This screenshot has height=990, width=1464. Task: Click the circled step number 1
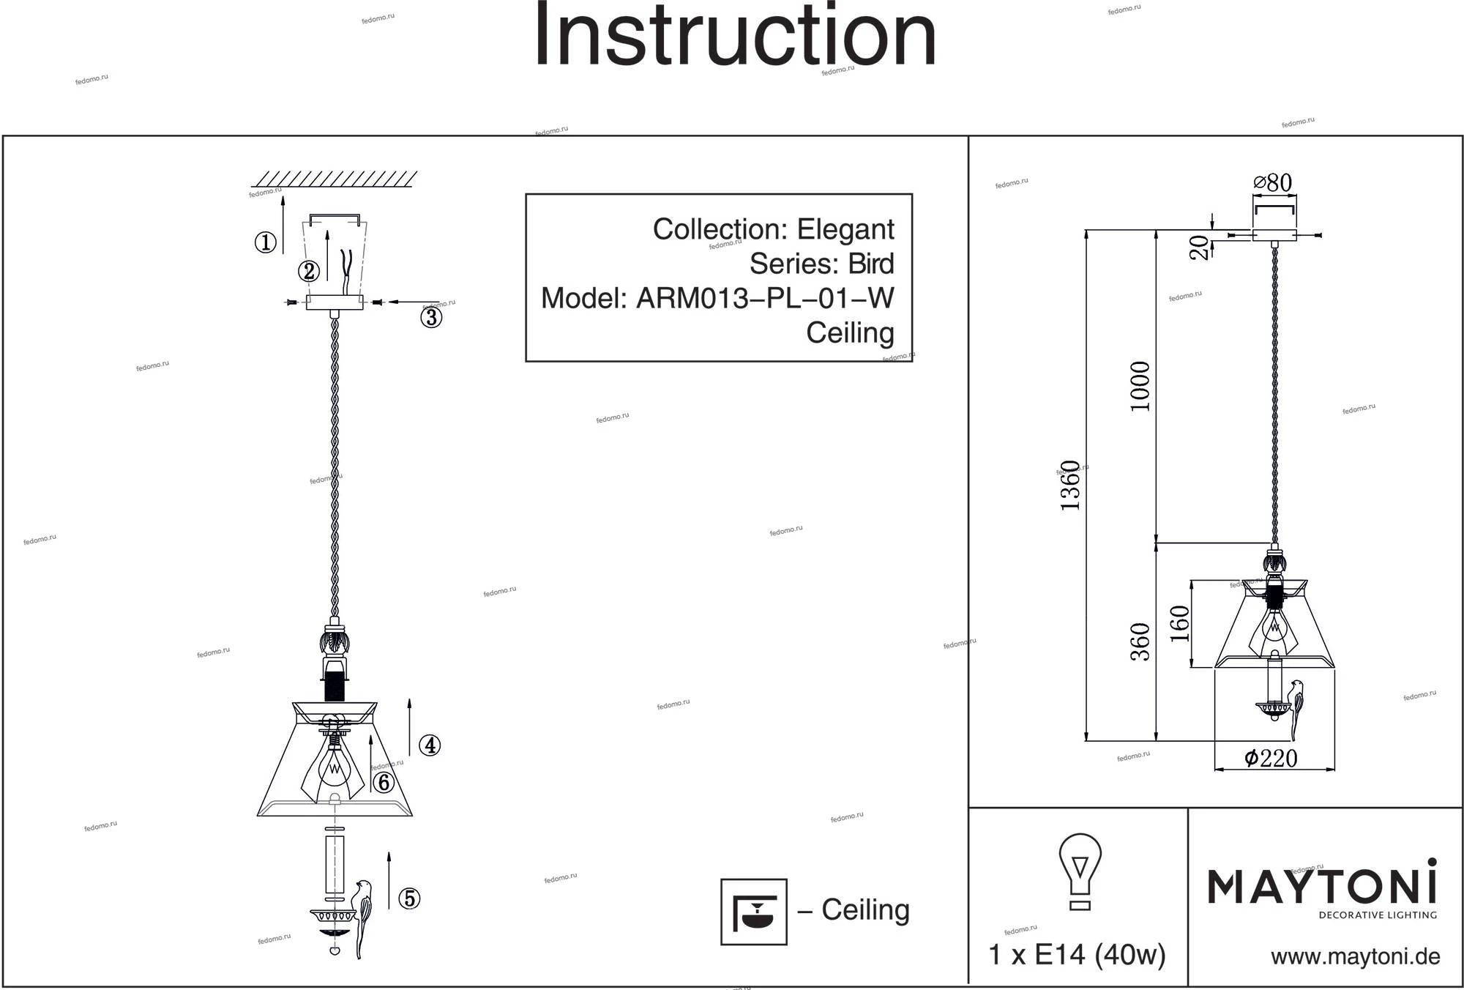click(x=265, y=242)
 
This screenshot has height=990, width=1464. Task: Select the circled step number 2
click(x=308, y=271)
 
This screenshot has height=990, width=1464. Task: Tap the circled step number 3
click(x=430, y=317)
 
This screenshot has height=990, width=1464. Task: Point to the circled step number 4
click(x=429, y=745)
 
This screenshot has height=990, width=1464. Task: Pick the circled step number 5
click(x=409, y=898)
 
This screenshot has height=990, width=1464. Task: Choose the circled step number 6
click(x=383, y=783)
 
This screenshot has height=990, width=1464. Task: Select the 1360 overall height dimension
click(x=1071, y=485)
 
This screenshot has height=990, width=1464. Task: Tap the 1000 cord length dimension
click(x=1140, y=386)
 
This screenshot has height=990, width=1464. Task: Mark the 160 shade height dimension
click(x=1179, y=623)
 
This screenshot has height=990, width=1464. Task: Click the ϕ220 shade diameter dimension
click(x=1271, y=758)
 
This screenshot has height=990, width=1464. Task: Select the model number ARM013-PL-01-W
click(x=764, y=298)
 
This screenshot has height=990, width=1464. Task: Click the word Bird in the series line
click(x=871, y=264)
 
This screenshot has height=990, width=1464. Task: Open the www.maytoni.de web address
click(x=1355, y=957)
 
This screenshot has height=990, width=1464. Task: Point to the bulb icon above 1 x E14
click(x=1080, y=871)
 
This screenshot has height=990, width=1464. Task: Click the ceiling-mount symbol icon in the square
click(x=753, y=912)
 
